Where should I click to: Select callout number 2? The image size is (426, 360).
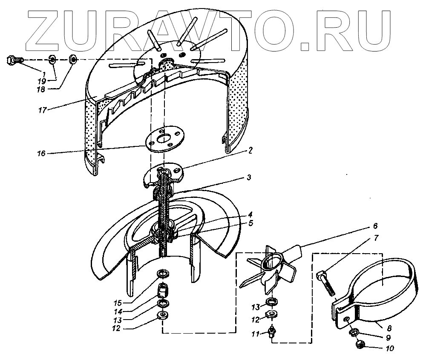tap(251, 150)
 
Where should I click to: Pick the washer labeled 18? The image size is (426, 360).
tap(73, 59)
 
